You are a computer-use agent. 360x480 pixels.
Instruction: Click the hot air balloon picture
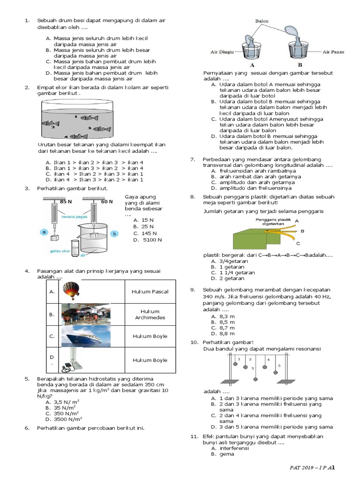[71, 292]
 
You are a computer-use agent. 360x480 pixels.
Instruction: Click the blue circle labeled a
[44, 232]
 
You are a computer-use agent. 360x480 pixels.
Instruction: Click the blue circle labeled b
[113, 233]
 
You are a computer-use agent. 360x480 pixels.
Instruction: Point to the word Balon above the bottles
[262, 22]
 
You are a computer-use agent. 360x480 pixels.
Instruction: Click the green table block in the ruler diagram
[251, 239]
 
